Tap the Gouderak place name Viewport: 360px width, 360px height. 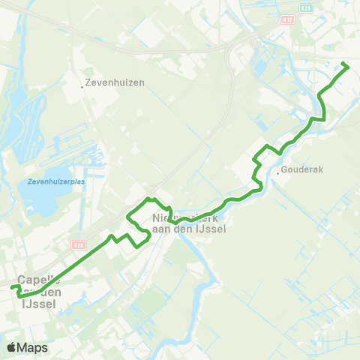point(302,170)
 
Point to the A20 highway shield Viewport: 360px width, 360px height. point(79,244)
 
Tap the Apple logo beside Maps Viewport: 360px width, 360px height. point(12,347)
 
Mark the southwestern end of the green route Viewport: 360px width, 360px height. point(13,287)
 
